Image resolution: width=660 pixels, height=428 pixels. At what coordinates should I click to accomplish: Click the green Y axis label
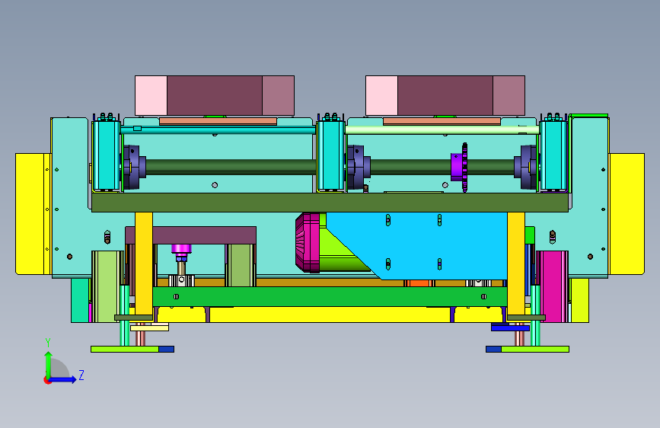pyautogui.click(x=48, y=342)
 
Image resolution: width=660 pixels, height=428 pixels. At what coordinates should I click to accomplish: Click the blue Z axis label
pyautogui.click(x=81, y=375)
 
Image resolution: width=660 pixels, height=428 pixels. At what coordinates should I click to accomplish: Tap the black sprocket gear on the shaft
pyautogui.click(x=464, y=168)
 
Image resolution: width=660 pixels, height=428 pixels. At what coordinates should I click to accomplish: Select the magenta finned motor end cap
pyautogui.click(x=308, y=242)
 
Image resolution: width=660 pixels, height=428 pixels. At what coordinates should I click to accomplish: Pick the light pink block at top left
pyautogui.click(x=151, y=96)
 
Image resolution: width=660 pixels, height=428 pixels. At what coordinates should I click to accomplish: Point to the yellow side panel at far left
pyautogui.click(x=33, y=214)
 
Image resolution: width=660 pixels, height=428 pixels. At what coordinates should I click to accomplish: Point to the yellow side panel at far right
pyautogui.click(x=627, y=214)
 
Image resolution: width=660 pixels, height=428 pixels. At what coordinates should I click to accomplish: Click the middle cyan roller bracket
pyautogui.click(x=330, y=155)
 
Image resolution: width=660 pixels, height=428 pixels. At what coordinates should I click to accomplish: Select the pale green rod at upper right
pyautogui.click(x=442, y=130)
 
